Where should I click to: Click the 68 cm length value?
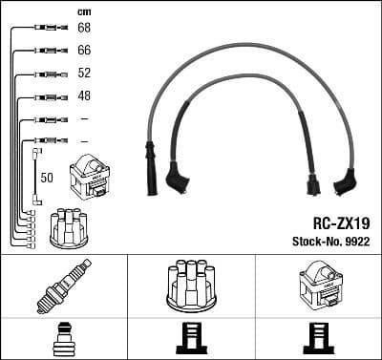84,29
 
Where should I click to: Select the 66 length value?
84,51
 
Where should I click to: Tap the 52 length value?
84,74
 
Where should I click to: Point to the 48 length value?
84,96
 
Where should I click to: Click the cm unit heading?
83,11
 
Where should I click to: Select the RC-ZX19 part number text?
341,222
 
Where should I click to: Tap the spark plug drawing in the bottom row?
63,286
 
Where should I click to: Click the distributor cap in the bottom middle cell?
190,285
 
